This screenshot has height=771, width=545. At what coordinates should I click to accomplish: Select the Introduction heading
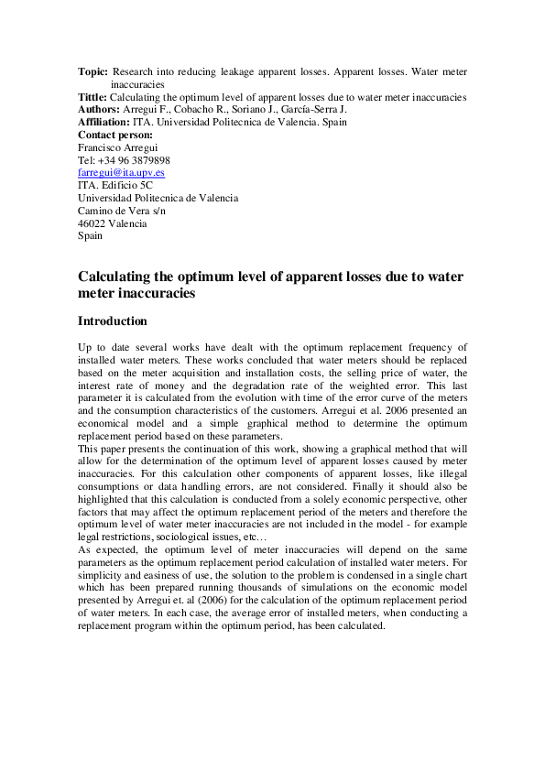pyautogui.click(x=112, y=321)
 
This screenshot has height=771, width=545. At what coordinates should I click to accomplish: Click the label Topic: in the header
pyautogui.click(x=93, y=71)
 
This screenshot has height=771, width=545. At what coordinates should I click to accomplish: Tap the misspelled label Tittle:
pyautogui.click(x=93, y=96)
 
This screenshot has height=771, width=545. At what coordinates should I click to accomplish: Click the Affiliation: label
pyautogui.click(x=104, y=122)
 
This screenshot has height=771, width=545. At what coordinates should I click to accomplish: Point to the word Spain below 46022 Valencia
pyautogui.click(x=90, y=235)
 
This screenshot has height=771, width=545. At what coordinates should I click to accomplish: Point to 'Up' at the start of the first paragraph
pyautogui.click(x=84, y=348)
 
